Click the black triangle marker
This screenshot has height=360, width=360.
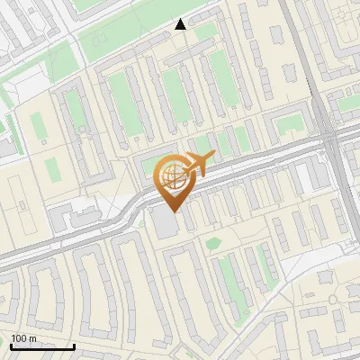(x=181, y=25)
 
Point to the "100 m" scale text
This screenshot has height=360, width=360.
(x=23, y=338)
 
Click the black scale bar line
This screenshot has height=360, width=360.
(x=42, y=346)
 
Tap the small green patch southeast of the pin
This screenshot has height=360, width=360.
(x=213, y=242)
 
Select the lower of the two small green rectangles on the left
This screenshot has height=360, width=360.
(x=51, y=167)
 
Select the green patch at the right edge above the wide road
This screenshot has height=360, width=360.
(x=348, y=103)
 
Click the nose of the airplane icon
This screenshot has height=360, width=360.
(x=213, y=157)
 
